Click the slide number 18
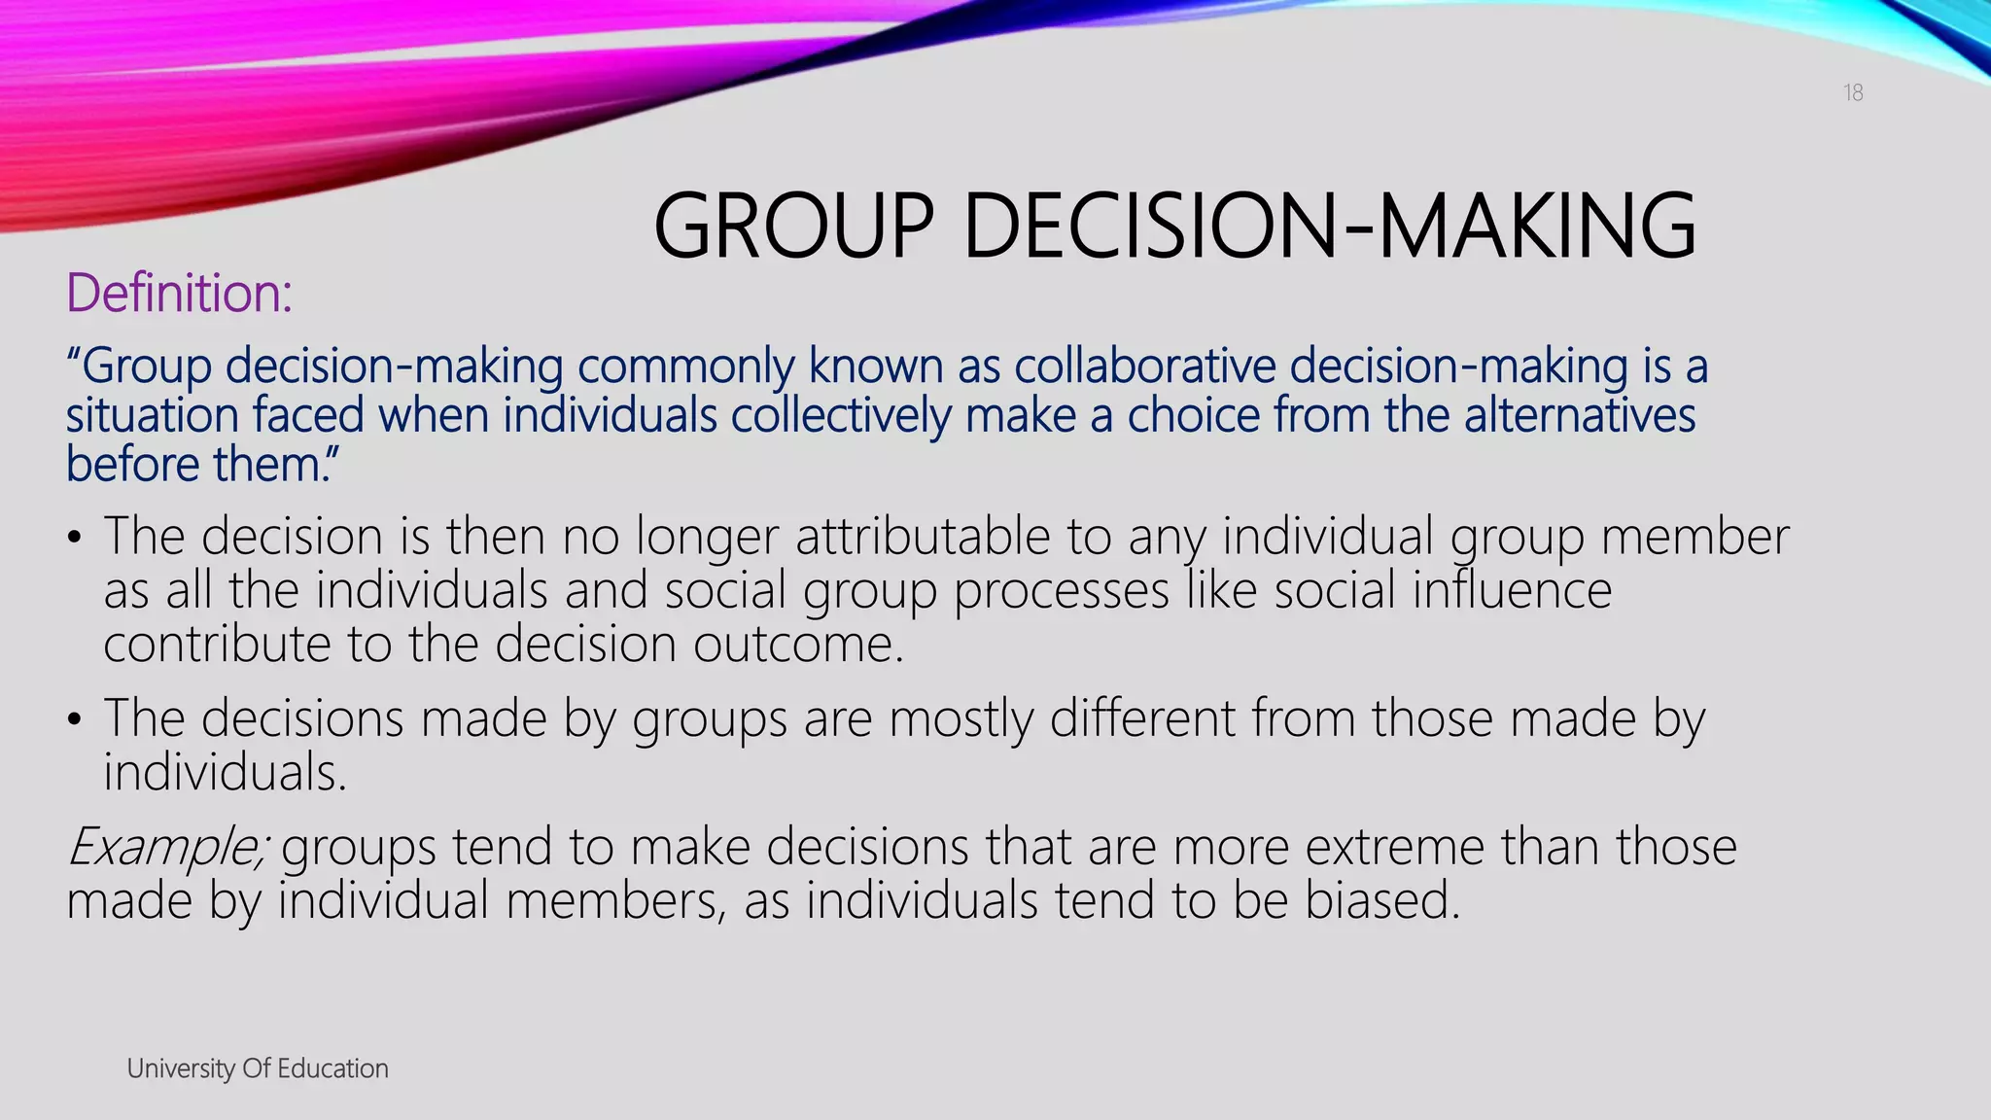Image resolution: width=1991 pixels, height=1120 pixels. [1853, 92]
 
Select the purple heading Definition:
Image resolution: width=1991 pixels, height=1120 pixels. [179, 293]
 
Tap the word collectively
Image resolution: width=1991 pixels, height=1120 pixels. [841, 415]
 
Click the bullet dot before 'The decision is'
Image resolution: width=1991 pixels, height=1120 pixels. [75, 538]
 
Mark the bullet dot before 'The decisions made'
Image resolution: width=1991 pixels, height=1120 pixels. [75, 719]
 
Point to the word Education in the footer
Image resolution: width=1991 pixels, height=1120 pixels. [332, 1068]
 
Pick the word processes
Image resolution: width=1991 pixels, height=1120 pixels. [1062, 590]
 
